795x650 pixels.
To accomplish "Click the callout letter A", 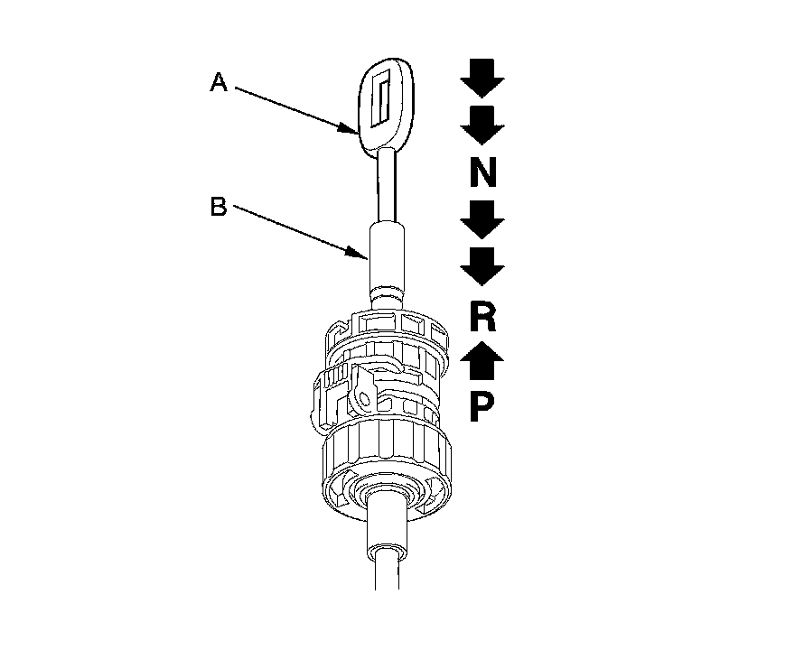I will [x=218, y=83].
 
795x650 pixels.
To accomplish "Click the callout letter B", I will [x=218, y=207].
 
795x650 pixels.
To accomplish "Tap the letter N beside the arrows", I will [x=482, y=171].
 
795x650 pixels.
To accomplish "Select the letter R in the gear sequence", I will [x=482, y=317].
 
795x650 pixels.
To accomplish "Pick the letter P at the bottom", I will [x=482, y=408].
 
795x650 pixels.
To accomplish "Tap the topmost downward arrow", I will [x=482, y=78].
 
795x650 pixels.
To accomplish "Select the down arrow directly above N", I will [x=482, y=125].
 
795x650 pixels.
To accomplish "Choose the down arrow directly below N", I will [x=482, y=219].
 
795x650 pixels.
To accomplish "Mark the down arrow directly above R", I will [x=482, y=265].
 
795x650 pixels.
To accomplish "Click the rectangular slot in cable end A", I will [x=383, y=98].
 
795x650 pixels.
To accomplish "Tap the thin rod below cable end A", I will [x=386, y=185].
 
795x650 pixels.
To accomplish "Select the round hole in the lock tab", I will [x=365, y=395].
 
